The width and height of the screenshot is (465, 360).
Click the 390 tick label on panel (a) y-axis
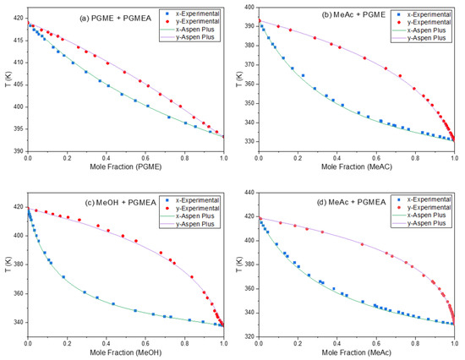pyautogui.click(x=18, y=151)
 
